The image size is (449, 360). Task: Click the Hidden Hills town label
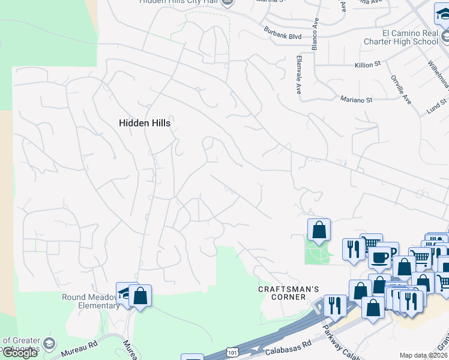(x=145, y=123)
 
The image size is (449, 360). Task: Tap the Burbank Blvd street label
(x=282, y=32)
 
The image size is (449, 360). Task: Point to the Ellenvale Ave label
(x=298, y=75)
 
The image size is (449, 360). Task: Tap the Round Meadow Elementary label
(x=91, y=301)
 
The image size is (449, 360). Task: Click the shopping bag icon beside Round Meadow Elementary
(x=140, y=295)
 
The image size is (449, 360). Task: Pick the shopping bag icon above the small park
(x=319, y=229)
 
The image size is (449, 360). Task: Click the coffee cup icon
(x=379, y=256)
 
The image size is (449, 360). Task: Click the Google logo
(x=20, y=353)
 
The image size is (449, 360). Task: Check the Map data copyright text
(x=423, y=355)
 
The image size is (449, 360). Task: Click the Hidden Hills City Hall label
(x=178, y=2)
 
